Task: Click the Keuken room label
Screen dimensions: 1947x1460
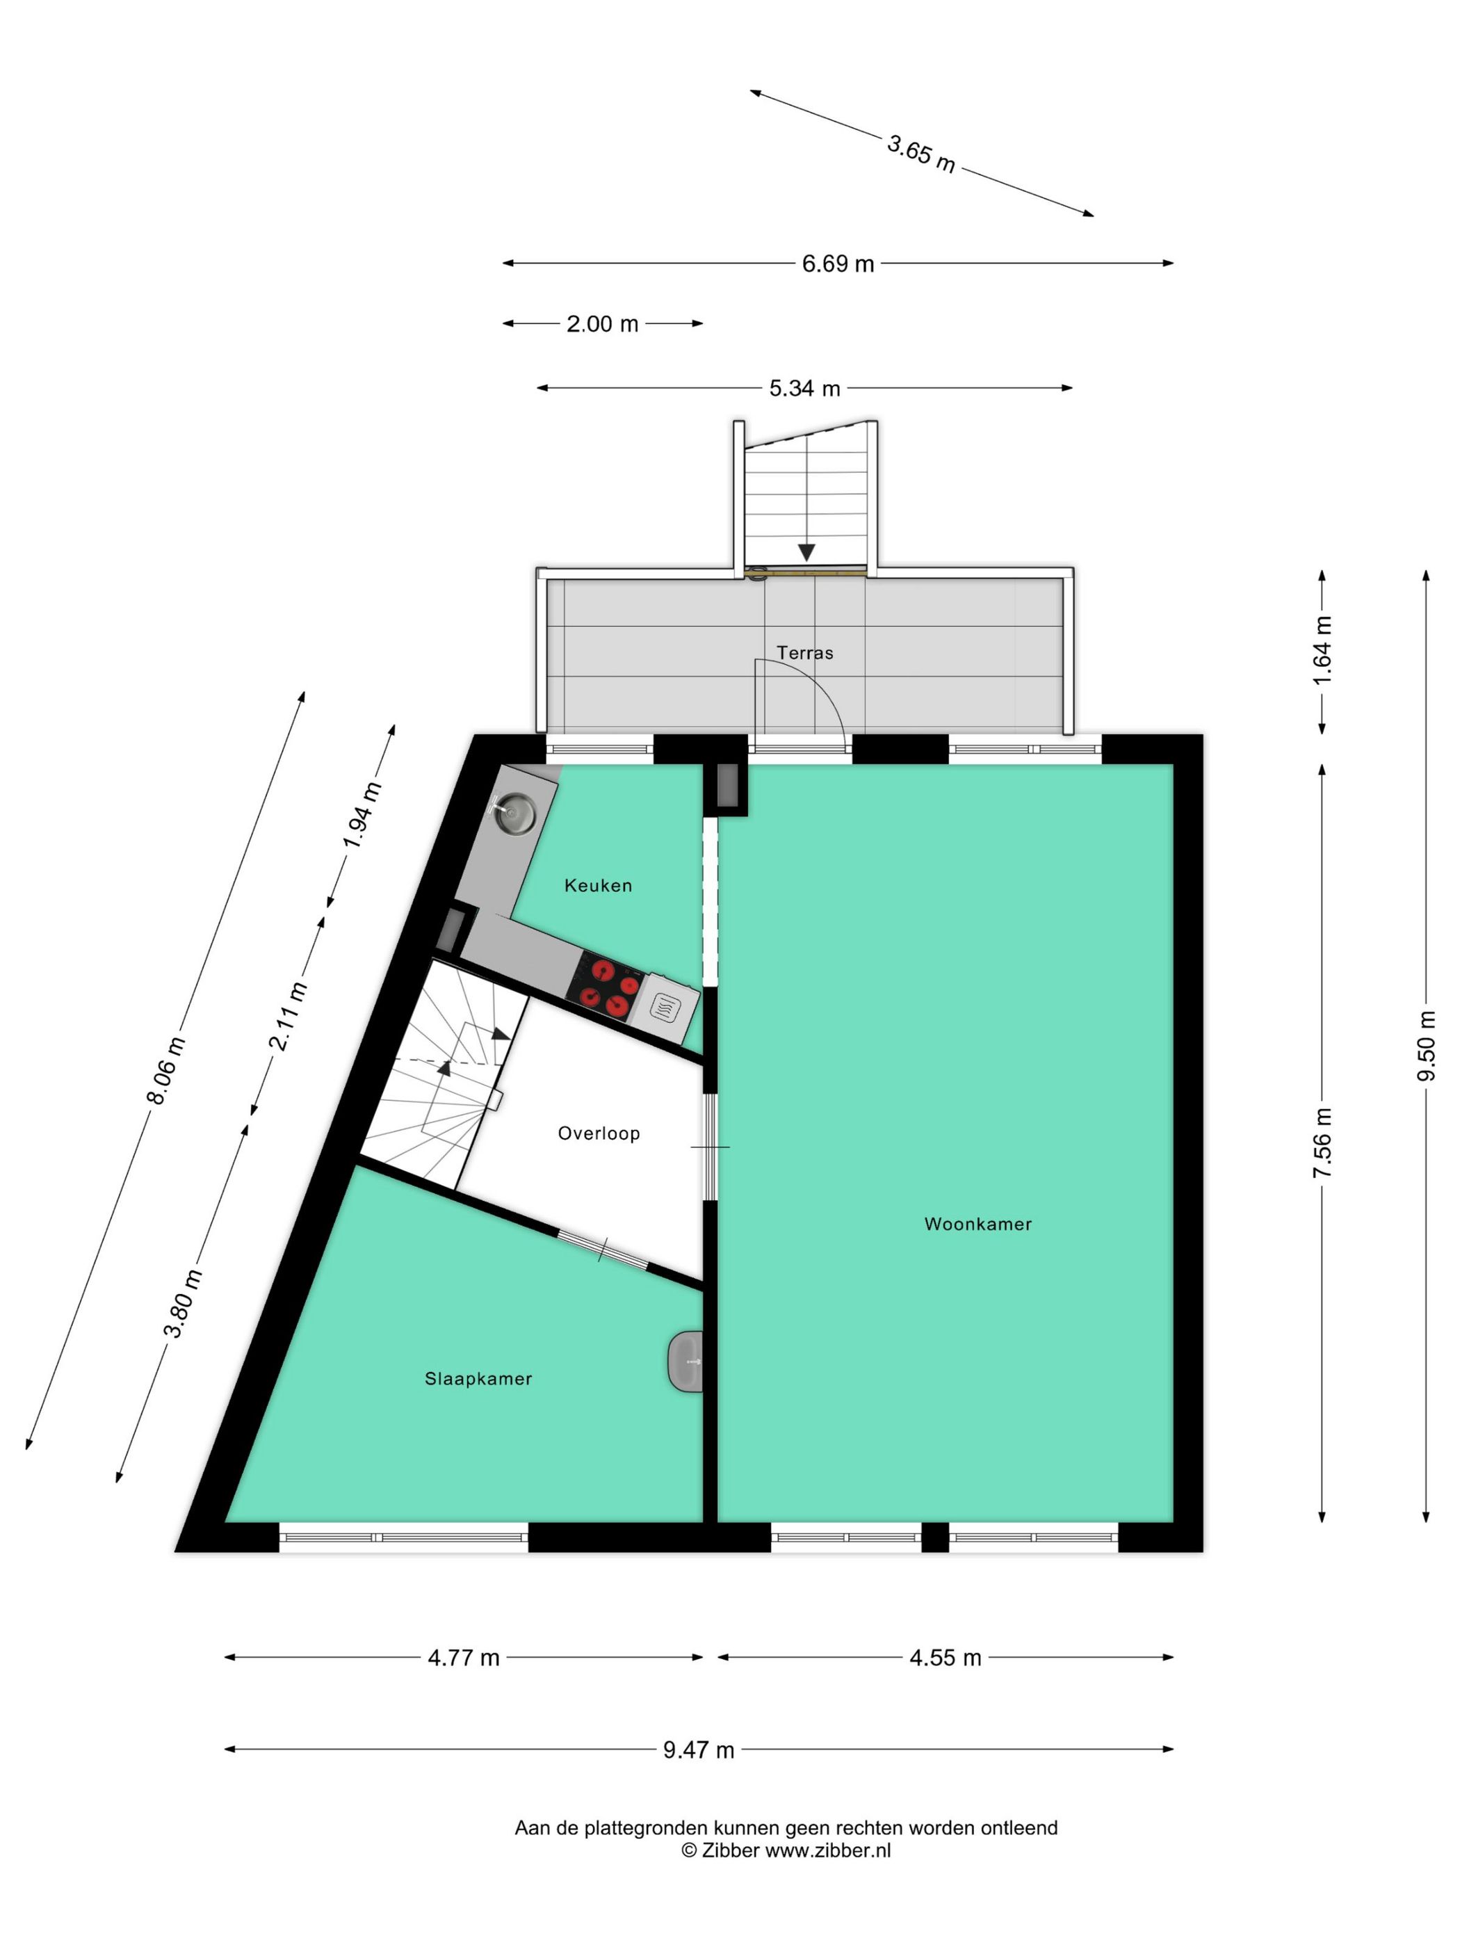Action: pos(597,885)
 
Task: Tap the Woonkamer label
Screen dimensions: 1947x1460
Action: pos(977,1223)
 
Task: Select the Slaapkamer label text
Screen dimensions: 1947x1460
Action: pos(478,1378)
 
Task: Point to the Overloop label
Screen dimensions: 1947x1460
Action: pos(599,1133)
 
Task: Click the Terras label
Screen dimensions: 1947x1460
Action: pos(804,652)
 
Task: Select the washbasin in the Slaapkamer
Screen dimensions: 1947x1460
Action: pos(686,1361)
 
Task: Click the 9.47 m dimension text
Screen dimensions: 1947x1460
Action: pos(698,1749)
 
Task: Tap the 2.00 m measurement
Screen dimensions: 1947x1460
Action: pos(602,324)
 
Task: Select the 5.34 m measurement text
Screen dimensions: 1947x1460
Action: pos(804,388)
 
